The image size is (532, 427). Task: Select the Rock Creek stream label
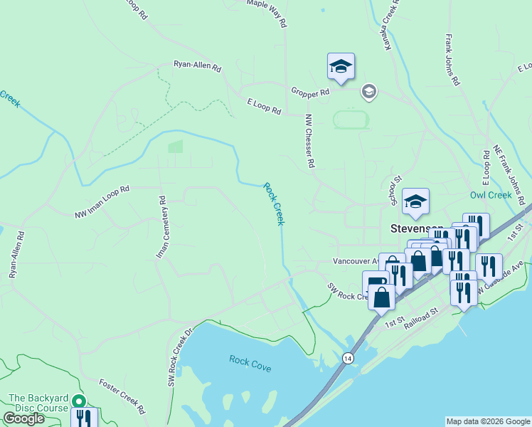point(274,204)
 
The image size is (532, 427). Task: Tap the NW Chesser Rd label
point(309,141)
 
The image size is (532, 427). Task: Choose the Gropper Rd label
point(309,92)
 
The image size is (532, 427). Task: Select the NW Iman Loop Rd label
point(103,202)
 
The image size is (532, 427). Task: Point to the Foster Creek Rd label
point(122,396)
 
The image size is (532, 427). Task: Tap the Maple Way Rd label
point(267,13)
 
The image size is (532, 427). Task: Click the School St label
point(397,190)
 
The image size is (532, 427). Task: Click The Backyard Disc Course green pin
point(80,401)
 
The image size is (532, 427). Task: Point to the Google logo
point(23,418)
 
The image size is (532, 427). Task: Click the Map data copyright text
point(487,421)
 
